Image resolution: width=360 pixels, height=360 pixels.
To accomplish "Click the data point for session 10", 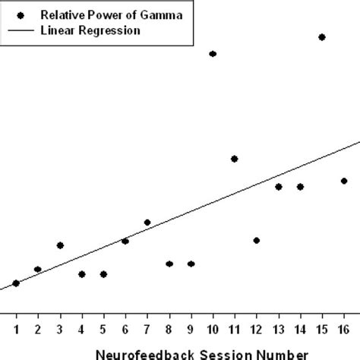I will pos(213,54).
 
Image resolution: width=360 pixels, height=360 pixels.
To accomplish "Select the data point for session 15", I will pos(322,36).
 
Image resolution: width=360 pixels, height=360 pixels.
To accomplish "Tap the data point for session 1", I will pos(16,283).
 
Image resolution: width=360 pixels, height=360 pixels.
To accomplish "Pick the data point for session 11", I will pos(235,159).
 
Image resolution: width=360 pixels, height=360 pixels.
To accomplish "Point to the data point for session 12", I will pos(257,240).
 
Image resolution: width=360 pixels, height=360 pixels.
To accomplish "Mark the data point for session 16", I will pos(344,181).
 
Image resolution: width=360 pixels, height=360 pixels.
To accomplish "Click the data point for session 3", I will pos(60,245).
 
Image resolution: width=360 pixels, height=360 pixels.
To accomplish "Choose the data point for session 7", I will pos(147,223).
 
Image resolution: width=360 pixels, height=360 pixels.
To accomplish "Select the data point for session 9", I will pos(191,264).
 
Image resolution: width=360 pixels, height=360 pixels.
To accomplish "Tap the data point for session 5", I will pos(103,274).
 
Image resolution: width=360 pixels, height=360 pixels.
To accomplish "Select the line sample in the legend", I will pos(21,30).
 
